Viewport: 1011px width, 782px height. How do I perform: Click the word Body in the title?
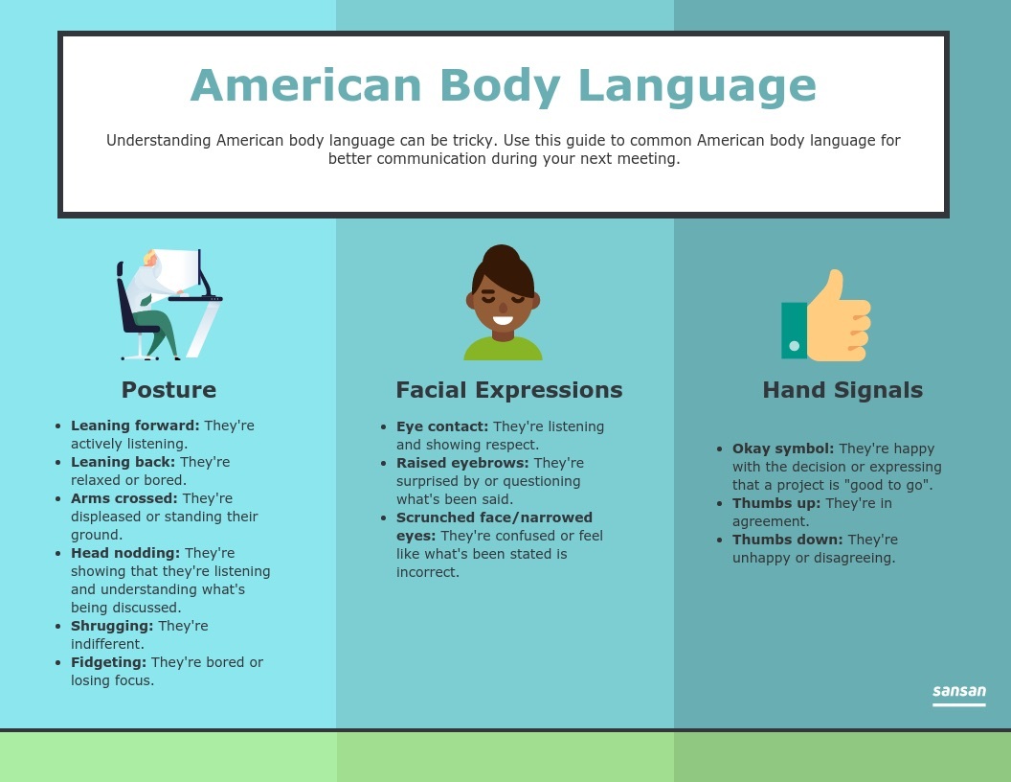coord(501,86)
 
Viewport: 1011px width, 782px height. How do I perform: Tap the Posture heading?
coord(168,390)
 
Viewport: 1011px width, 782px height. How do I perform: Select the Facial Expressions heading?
coord(509,390)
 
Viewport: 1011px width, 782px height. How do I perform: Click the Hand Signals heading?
coord(842,390)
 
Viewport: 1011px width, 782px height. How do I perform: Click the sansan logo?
coord(958,694)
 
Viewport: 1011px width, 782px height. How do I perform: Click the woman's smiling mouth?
coord(503,320)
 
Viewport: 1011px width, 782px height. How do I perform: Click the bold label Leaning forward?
coord(135,425)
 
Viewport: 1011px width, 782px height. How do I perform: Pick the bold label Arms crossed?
coord(124,498)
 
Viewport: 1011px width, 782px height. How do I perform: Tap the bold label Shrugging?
coord(112,627)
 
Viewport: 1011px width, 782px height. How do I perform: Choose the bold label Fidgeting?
coord(108,662)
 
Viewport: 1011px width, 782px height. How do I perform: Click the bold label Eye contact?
coord(442,427)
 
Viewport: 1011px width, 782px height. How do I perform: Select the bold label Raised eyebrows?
coord(462,463)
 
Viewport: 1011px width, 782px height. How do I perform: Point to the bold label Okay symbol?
coord(783,449)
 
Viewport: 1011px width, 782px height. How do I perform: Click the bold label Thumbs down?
coord(787,540)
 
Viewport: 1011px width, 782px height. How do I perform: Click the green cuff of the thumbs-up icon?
coord(795,331)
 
